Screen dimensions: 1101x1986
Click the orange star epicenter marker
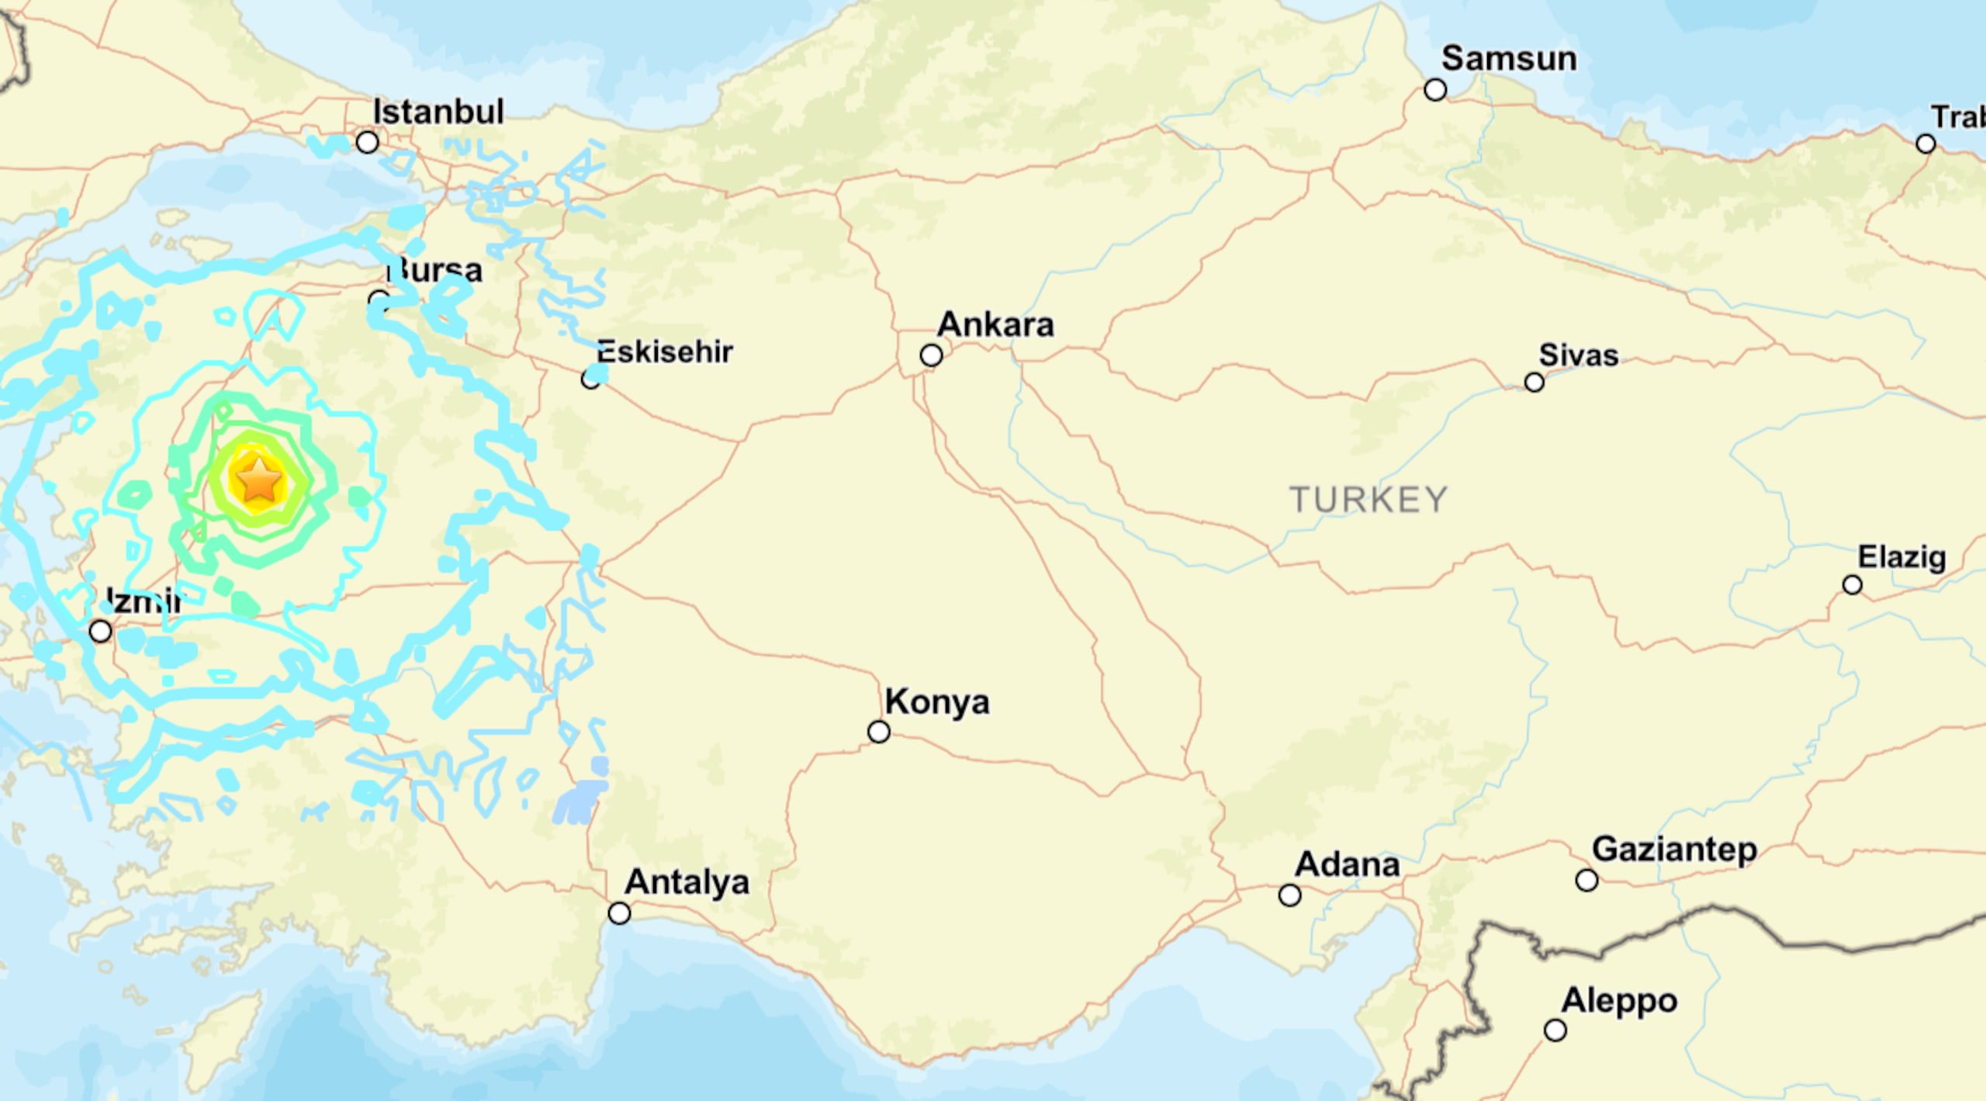pos(259,480)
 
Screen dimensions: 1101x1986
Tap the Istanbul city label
pos(438,112)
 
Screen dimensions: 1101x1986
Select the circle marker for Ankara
pos(931,355)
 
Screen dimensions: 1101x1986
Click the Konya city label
pos(937,701)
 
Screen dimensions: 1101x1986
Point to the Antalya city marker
pos(619,913)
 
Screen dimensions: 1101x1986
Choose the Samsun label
pos(1509,59)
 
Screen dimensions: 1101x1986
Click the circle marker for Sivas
pos(1534,383)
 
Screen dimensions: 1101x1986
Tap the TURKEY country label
pos(1368,500)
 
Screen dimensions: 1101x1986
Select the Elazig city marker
pos(1853,585)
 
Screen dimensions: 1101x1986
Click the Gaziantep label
pos(1674,850)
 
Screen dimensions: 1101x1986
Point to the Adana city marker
pos(1289,895)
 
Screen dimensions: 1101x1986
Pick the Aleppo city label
pos(1620,1001)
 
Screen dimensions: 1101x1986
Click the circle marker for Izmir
pos(100,631)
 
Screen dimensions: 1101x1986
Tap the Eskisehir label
pos(665,352)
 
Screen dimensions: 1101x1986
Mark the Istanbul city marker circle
pos(367,142)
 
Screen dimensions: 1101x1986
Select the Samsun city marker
pos(1435,90)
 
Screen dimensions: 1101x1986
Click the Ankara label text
pos(995,324)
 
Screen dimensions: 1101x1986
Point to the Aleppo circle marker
pos(1555,1030)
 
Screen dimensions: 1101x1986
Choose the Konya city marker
pos(878,732)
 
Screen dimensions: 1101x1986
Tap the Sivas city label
pos(1579,355)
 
